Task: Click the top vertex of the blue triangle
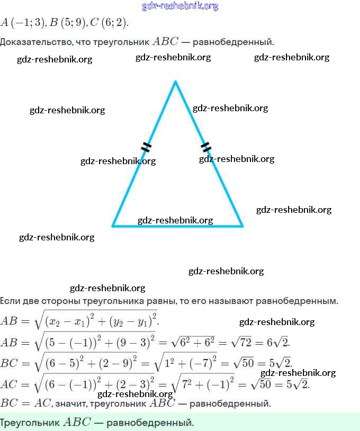pyautogui.click(x=175, y=82)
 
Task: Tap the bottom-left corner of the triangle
pyautogui.click(x=112, y=226)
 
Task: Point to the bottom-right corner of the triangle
pyautogui.click(x=242, y=226)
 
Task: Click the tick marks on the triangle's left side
pyautogui.click(x=146, y=147)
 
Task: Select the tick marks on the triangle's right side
pyautogui.click(x=206, y=147)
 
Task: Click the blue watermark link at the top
pyautogui.click(x=180, y=6)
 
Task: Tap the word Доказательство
pyautogui.click(x=36, y=42)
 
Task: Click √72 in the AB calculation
pyautogui.click(x=241, y=343)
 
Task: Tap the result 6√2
pyautogui.click(x=278, y=343)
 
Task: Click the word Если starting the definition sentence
pyautogui.click(x=10, y=301)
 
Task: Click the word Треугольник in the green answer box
pyautogui.click(x=30, y=422)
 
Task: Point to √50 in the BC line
pyautogui.click(x=243, y=363)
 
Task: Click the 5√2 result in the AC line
pyautogui.click(x=298, y=384)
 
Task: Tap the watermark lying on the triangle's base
pyautogui.click(x=175, y=220)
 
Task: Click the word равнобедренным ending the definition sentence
pyautogui.click(x=297, y=301)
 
